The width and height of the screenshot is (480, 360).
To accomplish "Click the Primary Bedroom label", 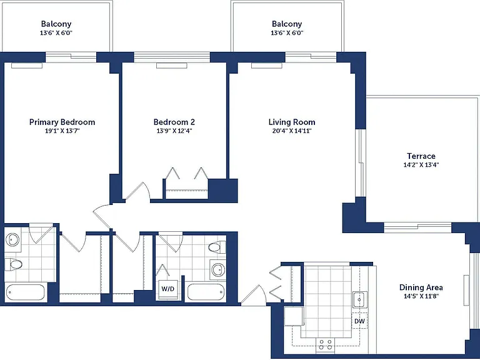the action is point(62,122).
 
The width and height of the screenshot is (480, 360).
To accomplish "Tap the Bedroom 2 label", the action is point(174,122).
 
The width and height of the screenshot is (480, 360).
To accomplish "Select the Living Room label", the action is point(292,122).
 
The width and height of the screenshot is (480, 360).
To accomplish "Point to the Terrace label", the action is point(421,156).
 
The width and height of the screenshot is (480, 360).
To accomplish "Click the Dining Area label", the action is point(421,287).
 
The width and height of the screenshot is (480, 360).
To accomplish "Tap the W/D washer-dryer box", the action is point(168,289).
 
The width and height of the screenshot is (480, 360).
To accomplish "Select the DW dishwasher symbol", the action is point(360,321).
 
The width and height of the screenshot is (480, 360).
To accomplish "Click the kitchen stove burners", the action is point(326,344).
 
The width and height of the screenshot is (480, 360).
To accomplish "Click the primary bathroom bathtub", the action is point(26,292).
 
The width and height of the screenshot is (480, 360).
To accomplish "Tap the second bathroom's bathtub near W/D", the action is point(206,292).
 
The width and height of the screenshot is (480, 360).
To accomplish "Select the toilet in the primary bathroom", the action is point(14,264).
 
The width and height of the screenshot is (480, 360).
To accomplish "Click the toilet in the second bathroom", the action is point(217,247).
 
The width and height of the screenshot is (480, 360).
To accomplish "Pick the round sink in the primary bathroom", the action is point(12,239).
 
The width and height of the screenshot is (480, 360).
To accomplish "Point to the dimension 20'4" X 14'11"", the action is point(292,131).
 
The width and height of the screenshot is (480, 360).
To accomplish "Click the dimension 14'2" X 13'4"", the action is point(421,164).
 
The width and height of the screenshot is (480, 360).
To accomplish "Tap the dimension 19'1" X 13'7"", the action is point(62,131).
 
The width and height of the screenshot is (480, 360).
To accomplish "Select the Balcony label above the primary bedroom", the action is point(56,24).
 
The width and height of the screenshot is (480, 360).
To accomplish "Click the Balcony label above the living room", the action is point(287,24).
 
